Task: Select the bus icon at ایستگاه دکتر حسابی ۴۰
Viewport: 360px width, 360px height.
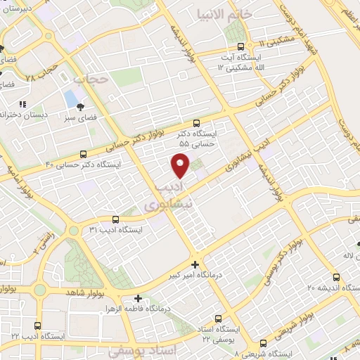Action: click(84, 153)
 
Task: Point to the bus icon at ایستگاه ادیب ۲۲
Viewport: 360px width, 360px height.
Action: click(37, 326)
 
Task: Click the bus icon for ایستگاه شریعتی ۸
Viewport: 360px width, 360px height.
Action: click(263, 344)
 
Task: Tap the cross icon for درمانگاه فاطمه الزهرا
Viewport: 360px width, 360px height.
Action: click(138, 297)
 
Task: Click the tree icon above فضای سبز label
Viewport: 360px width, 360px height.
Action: click(83, 108)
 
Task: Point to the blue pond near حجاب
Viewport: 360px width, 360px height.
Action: click(71, 97)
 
